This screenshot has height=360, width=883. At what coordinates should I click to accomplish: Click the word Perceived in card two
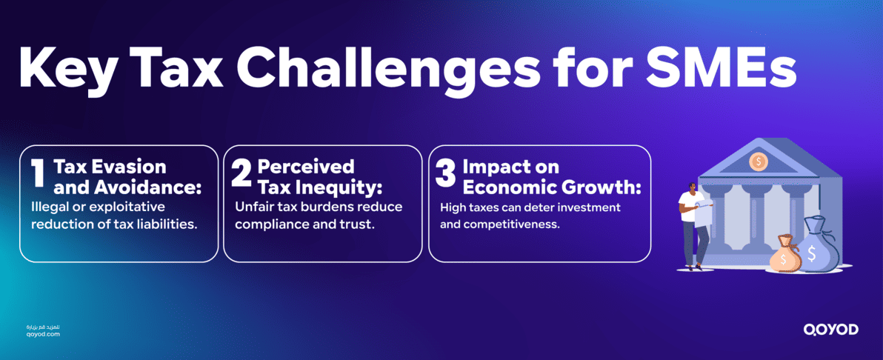[305, 167]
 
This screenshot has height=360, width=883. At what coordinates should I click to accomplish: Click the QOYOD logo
[830, 330]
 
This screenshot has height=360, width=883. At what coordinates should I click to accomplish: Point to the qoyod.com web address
[42, 335]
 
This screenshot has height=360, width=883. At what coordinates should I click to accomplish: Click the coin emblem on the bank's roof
[758, 161]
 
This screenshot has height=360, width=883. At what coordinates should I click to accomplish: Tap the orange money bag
[784, 257]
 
